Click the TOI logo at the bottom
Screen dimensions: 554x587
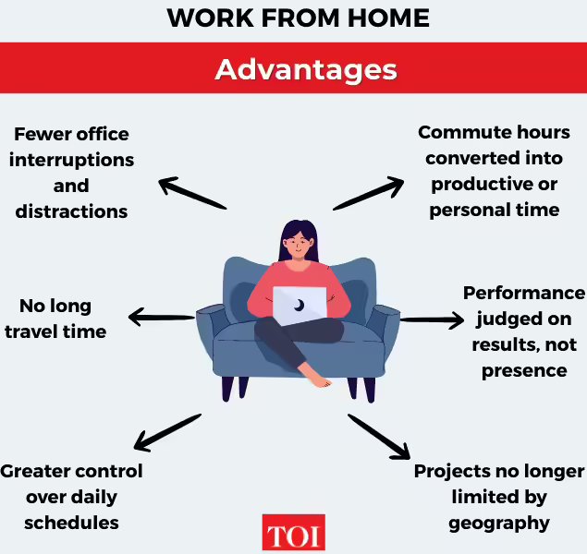(x=293, y=534)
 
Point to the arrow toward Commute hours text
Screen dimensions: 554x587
(x=369, y=192)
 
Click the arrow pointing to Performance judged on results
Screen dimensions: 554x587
(x=432, y=320)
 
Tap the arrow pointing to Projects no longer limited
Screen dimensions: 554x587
(x=379, y=436)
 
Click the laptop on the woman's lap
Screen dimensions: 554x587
(x=300, y=307)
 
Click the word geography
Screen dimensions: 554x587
(x=499, y=523)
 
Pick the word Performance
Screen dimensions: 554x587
(x=523, y=294)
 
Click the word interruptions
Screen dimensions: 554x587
(x=71, y=160)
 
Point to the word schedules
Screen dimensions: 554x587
(x=71, y=523)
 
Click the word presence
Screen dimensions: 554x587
(x=523, y=370)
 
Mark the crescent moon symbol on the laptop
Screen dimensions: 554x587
(x=300, y=305)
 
